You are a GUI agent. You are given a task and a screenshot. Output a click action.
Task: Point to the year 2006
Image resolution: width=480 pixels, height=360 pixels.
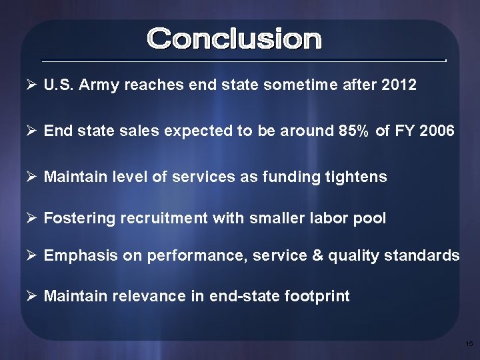[437, 131]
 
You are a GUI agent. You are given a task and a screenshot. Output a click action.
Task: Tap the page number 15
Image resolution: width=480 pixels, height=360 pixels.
[469, 343]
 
